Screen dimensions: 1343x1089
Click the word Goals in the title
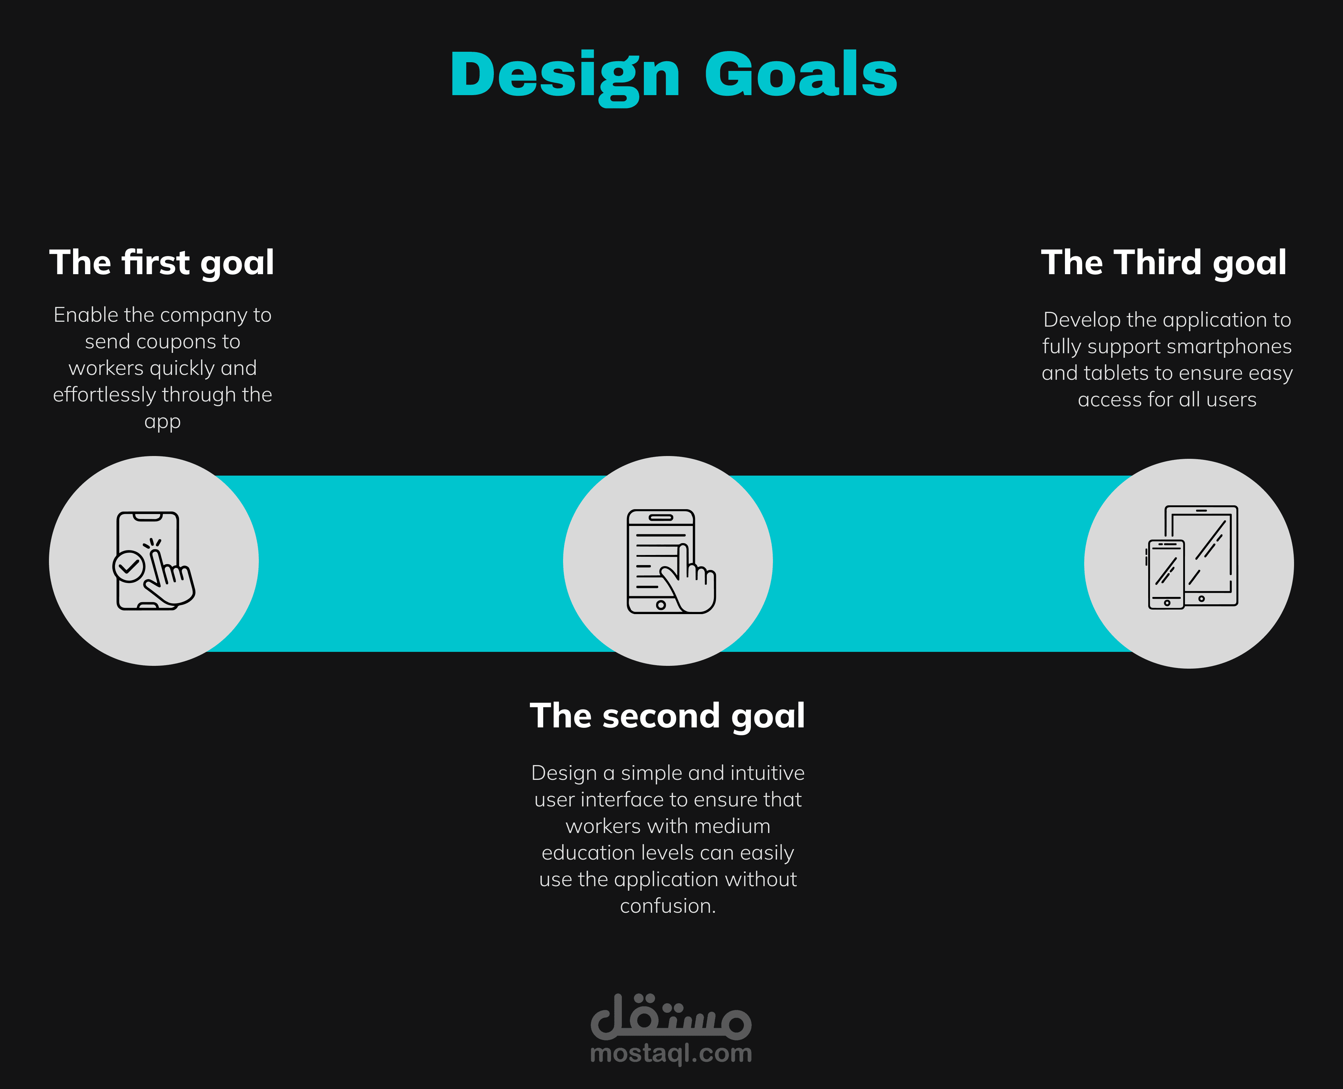(801, 74)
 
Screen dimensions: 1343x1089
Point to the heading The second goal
(667, 716)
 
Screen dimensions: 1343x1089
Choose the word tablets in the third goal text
(1117, 373)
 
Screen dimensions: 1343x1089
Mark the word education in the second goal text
(588, 853)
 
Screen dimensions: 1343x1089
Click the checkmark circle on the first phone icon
(129, 567)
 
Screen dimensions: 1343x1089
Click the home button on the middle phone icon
(661, 605)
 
